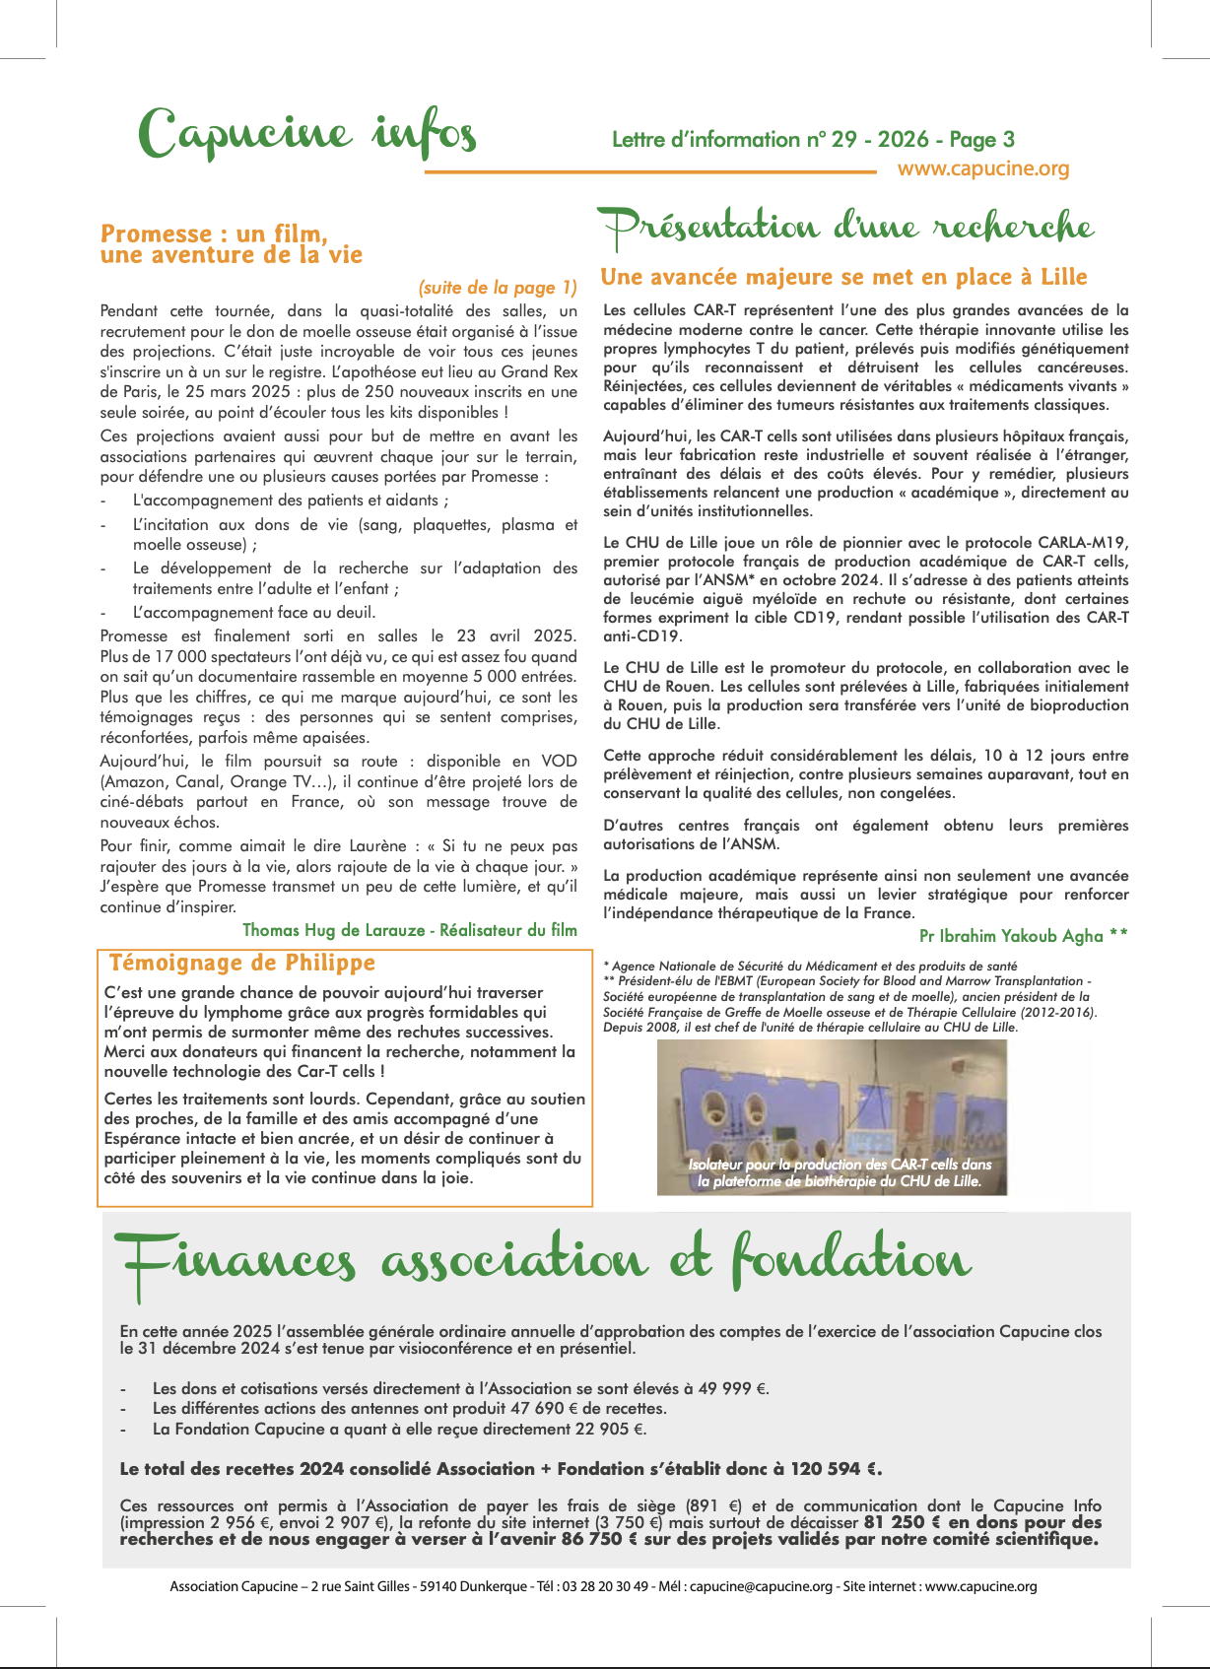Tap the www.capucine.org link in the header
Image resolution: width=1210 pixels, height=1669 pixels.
click(x=982, y=168)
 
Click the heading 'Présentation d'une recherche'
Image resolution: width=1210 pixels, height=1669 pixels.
click(x=847, y=228)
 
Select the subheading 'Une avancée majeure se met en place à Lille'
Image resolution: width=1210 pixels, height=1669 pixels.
click(x=843, y=277)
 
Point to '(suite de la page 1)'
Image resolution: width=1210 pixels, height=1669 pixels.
click(x=498, y=288)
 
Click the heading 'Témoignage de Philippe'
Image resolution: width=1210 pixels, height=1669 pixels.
click(x=242, y=963)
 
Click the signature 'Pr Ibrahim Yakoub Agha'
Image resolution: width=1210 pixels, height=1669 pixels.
click(x=1011, y=936)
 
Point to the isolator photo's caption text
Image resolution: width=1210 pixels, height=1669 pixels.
click(x=840, y=1172)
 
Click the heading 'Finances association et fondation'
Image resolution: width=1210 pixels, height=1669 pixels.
click(x=543, y=1261)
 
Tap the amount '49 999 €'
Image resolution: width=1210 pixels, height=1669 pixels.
click(x=732, y=1388)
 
